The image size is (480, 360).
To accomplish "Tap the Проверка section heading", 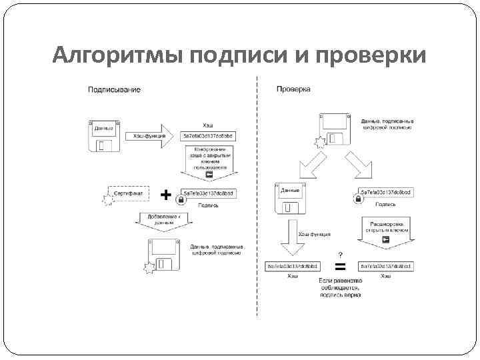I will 293,89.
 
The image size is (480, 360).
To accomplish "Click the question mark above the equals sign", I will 341,255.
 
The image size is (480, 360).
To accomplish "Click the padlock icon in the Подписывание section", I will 181,199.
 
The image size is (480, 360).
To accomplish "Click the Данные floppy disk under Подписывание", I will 103,136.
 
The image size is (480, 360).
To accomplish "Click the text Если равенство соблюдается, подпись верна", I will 340,288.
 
